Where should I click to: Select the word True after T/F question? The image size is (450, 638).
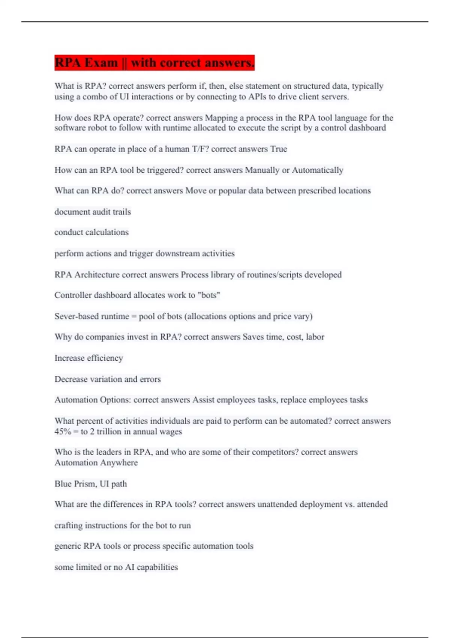pyautogui.click(x=279, y=149)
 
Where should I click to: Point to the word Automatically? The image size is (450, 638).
pyautogui.click(x=317, y=170)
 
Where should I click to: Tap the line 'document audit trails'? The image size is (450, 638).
pyautogui.click(x=93, y=212)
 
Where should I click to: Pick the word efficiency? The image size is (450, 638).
pyautogui.click(x=105, y=358)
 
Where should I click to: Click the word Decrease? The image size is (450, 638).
pyautogui.click(x=71, y=379)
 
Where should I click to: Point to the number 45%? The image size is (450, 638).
pyautogui.click(x=63, y=432)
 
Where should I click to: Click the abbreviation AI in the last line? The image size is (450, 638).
pyautogui.click(x=129, y=567)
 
